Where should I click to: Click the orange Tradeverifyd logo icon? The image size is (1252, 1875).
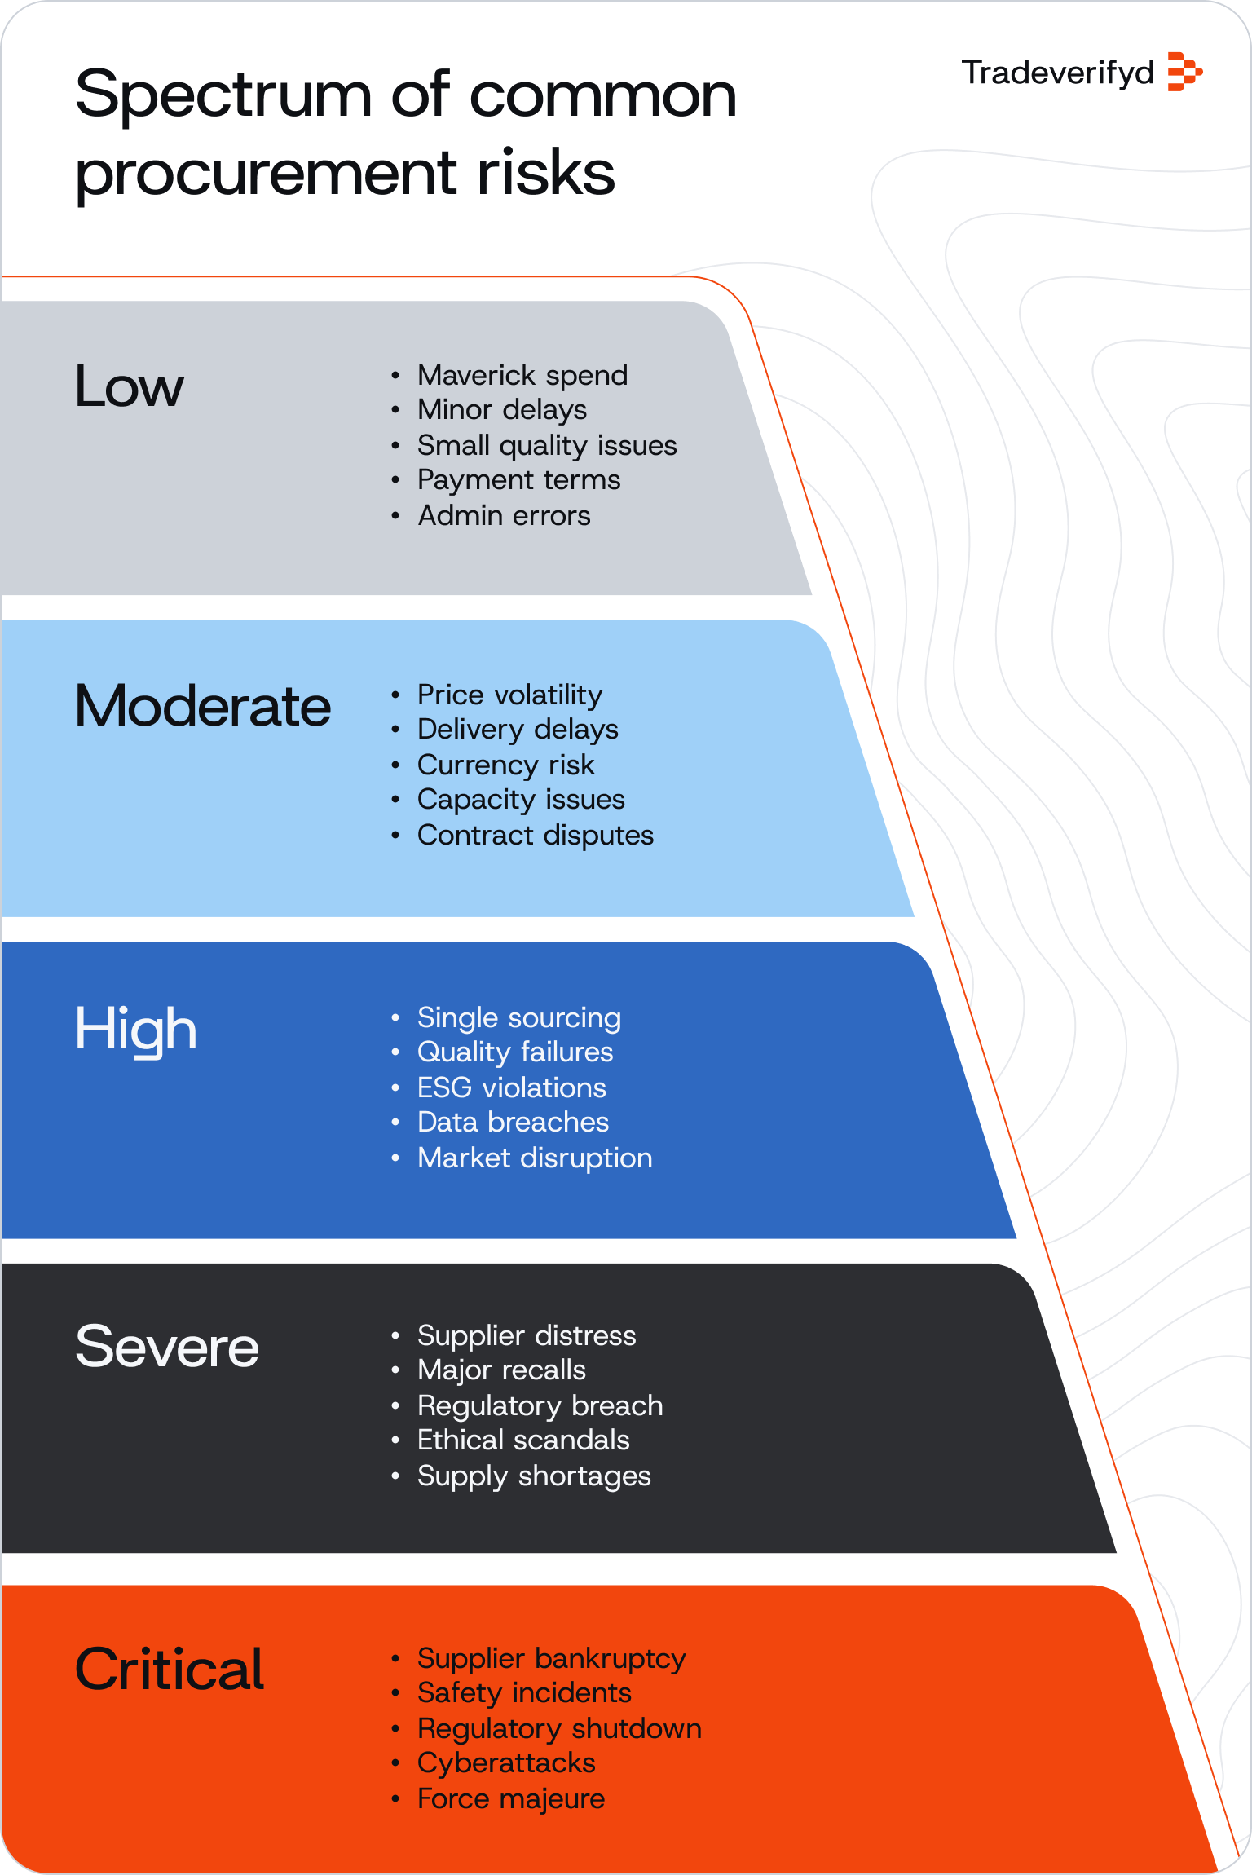tap(1184, 72)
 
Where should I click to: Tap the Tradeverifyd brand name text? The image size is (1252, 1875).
tap(1057, 73)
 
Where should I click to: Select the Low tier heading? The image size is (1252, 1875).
tap(129, 386)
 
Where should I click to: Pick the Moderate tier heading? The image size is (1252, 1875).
tap(203, 706)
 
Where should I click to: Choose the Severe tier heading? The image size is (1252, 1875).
tap(167, 1347)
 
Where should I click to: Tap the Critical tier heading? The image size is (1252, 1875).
tap(170, 1670)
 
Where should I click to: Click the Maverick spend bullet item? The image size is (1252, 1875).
tap(522, 375)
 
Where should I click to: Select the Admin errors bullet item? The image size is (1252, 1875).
tap(504, 515)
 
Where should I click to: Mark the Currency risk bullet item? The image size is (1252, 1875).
tap(505, 765)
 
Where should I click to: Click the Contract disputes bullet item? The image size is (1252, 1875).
tap(535, 835)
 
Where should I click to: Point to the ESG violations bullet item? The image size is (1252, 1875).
tap(512, 1087)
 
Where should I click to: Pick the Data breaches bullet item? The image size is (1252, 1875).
tap(513, 1123)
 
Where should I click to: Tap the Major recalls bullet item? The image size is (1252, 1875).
tap(501, 1370)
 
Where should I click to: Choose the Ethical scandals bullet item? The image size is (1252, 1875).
tap(523, 1440)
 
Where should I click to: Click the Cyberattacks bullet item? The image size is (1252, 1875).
tap(506, 1763)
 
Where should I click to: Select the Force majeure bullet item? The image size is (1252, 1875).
tap(511, 1798)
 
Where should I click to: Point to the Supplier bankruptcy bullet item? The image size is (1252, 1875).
tap(551, 1658)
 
